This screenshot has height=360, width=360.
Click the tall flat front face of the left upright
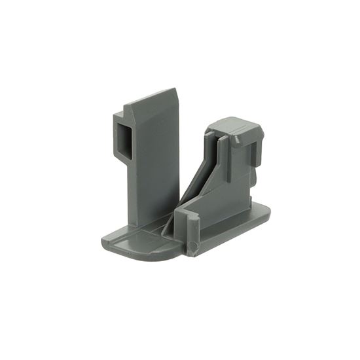[156, 164]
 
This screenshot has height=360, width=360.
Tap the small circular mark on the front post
[191, 247]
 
